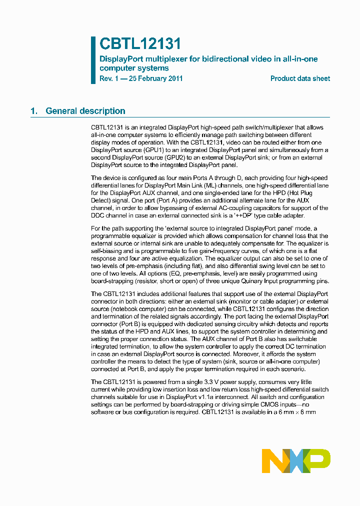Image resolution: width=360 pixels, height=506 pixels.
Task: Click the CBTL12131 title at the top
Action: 140,44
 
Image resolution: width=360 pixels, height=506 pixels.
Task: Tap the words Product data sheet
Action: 300,78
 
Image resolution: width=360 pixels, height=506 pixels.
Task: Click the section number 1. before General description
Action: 34,111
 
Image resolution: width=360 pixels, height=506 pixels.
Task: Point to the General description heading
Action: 85,111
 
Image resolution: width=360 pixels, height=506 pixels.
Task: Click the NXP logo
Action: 296,460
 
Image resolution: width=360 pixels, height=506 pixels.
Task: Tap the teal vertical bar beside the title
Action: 93,60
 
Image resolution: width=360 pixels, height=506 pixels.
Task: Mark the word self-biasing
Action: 107,251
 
